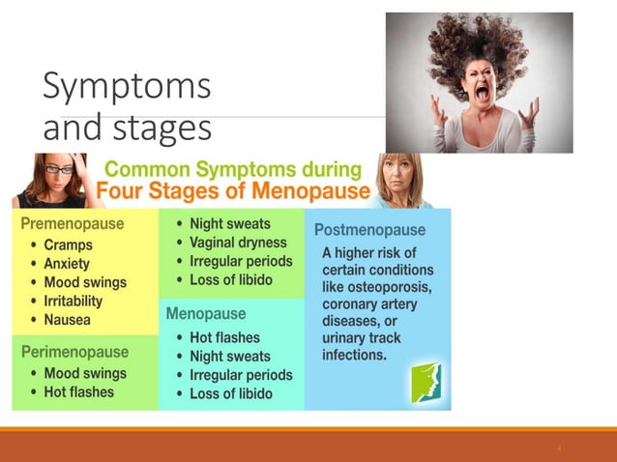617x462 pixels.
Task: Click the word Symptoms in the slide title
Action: pos(127,87)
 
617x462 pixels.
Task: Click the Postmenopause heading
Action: pos(369,230)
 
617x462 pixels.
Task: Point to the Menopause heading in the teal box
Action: pos(206,314)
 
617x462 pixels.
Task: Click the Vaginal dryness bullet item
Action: pos(237,243)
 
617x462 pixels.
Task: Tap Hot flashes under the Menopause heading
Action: pos(224,337)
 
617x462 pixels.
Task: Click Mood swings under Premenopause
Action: pos(84,282)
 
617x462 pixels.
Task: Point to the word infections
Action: pos(354,355)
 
